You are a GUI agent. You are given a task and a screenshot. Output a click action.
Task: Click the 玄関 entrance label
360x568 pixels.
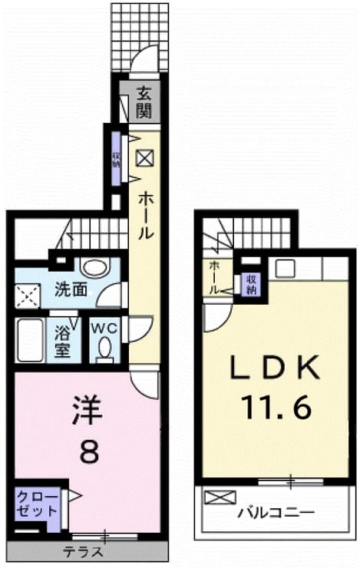tap(144, 104)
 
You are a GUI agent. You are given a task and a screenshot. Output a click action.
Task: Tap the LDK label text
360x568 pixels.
tap(276, 368)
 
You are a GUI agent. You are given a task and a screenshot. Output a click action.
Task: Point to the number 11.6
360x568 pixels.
tap(277, 407)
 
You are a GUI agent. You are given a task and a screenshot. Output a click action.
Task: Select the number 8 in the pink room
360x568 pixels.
tap(89, 451)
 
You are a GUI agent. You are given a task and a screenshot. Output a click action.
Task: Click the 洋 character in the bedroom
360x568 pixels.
tap(88, 410)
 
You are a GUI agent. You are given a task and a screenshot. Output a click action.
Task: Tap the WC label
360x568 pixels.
tap(104, 329)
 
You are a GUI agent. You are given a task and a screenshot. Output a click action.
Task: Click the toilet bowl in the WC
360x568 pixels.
tap(105, 345)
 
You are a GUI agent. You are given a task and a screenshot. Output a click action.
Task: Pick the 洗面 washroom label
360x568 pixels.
tap(71, 289)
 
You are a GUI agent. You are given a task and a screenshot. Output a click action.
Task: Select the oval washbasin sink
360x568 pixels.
tap(96, 268)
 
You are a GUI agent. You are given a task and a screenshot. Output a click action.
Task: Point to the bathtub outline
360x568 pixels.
tap(30, 340)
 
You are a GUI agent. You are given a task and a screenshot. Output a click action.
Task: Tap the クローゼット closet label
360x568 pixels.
tap(38, 504)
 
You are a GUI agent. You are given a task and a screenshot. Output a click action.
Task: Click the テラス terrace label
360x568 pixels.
tap(84, 552)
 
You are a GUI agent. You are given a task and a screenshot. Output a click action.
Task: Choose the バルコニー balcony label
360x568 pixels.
tap(276, 513)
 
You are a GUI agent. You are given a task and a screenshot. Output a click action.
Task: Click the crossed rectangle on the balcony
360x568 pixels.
tap(220, 497)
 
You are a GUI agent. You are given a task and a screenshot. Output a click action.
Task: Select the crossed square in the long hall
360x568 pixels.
tap(145, 158)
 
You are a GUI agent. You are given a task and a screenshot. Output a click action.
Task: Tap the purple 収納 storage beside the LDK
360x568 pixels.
tap(251, 284)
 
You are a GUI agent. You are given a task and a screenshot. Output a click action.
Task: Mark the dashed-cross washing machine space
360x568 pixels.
tap(28, 296)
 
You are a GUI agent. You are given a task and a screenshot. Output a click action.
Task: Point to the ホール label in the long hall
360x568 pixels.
tap(146, 215)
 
